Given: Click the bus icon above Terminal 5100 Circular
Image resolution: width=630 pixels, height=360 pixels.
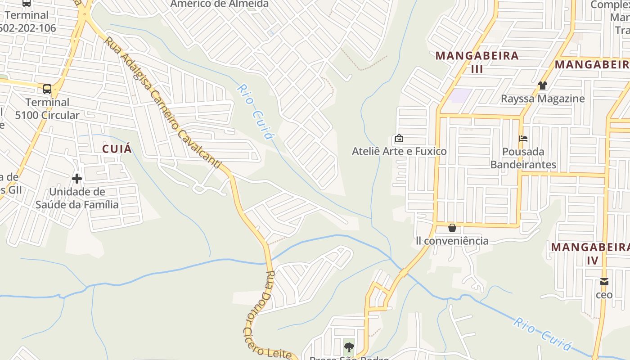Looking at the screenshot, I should tap(47, 89).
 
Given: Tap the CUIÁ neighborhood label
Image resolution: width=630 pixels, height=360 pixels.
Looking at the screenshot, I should tap(117, 149).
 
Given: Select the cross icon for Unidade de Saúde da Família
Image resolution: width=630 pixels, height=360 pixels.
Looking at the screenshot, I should tap(77, 179).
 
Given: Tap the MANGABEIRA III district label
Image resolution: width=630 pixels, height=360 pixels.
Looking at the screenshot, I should tap(477, 62).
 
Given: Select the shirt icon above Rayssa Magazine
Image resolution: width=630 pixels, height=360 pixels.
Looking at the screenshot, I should tap(543, 85).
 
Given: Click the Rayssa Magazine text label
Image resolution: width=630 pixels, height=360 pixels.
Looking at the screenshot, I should tap(543, 99).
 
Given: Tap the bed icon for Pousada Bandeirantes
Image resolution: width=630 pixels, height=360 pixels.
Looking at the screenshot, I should tap(523, 138).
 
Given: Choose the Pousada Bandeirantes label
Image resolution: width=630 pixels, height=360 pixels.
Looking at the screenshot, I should tap(523, 158).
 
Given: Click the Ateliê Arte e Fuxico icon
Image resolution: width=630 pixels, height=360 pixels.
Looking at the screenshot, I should tap(399, 138).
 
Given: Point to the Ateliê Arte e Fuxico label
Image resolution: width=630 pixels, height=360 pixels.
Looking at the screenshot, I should tap(399, 151).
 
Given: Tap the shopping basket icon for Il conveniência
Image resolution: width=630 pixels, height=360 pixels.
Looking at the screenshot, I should tap(452, 228).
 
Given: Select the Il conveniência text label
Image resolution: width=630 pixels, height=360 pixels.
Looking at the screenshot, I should tap(452, 241).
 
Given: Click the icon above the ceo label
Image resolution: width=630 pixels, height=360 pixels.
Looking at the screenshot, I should tap(604, 282).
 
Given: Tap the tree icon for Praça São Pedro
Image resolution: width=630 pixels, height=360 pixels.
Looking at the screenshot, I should tap(349, 347).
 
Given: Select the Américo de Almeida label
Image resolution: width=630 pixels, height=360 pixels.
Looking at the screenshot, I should tap(219, 4).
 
